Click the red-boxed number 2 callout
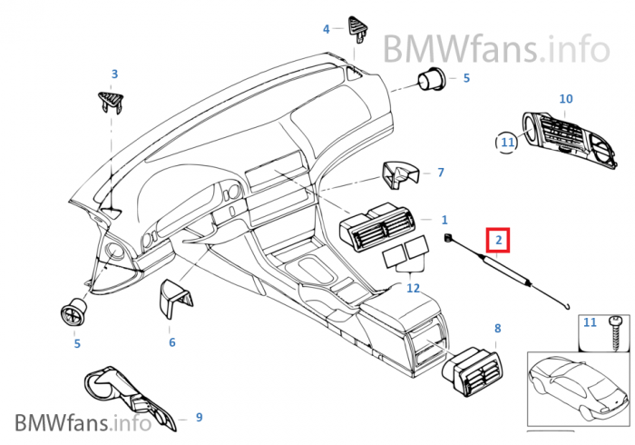tap(498, 241)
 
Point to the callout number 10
tap(565, 98)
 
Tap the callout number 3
tap(114, 74)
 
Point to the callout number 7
tap(441, 172)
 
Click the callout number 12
tap(413, 288)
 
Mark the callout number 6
tap(171, 342)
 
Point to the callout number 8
tap(497, 327)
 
